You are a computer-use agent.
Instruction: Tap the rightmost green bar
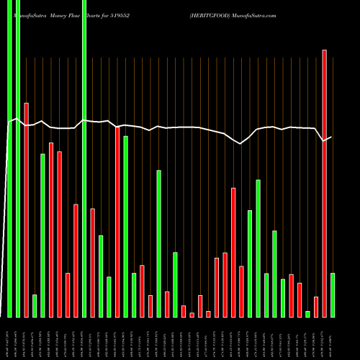[x=332, y=295]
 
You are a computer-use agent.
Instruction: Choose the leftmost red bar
[x=26, y=210]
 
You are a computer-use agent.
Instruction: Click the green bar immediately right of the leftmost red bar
[x=35, y=306]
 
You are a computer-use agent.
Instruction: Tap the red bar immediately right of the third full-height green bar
[x=93, y=263]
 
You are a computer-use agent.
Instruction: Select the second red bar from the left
[x=51, y=230]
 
